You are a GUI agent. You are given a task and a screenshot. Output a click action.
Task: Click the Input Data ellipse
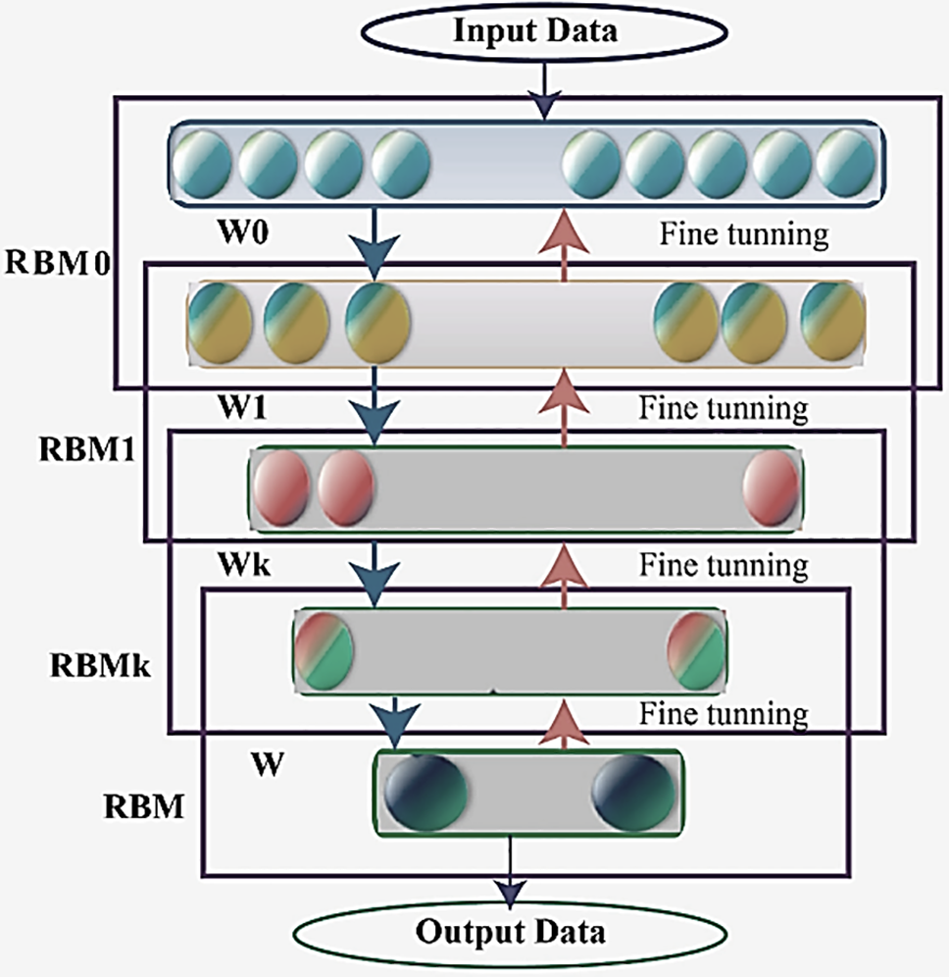click(x=534, y=31)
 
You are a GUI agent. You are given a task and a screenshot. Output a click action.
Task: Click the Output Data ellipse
click(x=509, y=929)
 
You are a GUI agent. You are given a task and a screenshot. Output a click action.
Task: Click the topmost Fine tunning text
click(x=744, y=235)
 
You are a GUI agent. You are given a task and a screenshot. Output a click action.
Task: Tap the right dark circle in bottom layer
click(x=632, y=790)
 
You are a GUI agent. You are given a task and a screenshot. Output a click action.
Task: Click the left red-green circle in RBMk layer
click(x=324, y=649)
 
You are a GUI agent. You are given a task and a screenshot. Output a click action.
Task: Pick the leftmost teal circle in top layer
click(x=205, y=163)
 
